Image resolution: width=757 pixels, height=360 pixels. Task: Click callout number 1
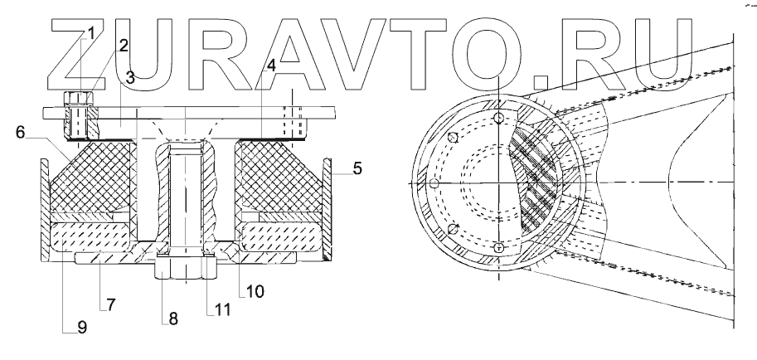pos(91,33)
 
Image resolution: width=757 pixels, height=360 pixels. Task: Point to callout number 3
pos(130,78)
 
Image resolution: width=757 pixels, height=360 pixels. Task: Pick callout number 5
pos(356,169)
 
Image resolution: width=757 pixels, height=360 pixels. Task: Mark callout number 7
pos(112,304)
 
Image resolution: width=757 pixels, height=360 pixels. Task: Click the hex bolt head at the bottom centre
pos(184,269)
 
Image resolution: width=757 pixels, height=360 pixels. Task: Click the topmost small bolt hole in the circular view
pos(497,119)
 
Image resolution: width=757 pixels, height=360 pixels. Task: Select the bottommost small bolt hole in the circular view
pos(497,248)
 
